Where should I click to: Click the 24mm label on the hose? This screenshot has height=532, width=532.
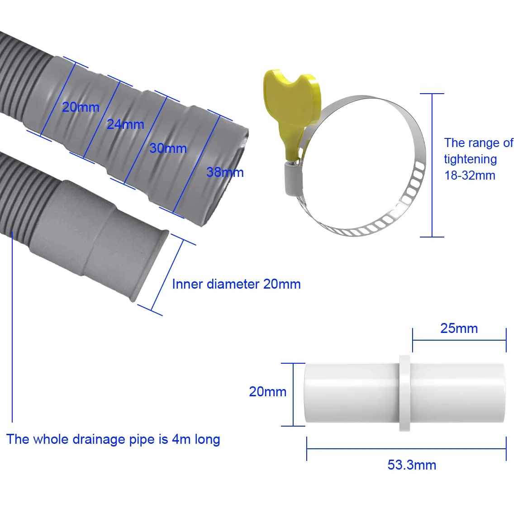point(125,124)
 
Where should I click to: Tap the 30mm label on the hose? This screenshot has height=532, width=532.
point(168,148)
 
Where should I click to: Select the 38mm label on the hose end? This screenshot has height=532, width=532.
point(225,172)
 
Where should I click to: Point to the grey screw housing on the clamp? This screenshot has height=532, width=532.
point(291,178)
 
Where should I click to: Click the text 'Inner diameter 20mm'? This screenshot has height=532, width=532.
point(236,284)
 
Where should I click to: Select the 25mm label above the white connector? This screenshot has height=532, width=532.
point(459,328)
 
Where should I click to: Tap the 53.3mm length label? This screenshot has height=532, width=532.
point(412,465)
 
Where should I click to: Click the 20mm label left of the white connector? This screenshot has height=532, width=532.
point(268,392)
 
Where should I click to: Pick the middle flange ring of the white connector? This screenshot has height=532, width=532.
point(404,393)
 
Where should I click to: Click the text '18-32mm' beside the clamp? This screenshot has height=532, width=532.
point(470,176)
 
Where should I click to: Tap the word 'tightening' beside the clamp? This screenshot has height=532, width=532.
point(470,159)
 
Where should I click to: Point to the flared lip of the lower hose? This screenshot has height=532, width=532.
point(151,265)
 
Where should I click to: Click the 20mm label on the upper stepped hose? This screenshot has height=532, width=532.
point(81,107)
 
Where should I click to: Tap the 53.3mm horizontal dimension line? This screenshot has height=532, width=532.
point(406,449)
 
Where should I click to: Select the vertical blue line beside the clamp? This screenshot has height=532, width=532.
point(432,165)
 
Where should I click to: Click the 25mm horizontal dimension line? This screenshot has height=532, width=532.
point(459,340)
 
